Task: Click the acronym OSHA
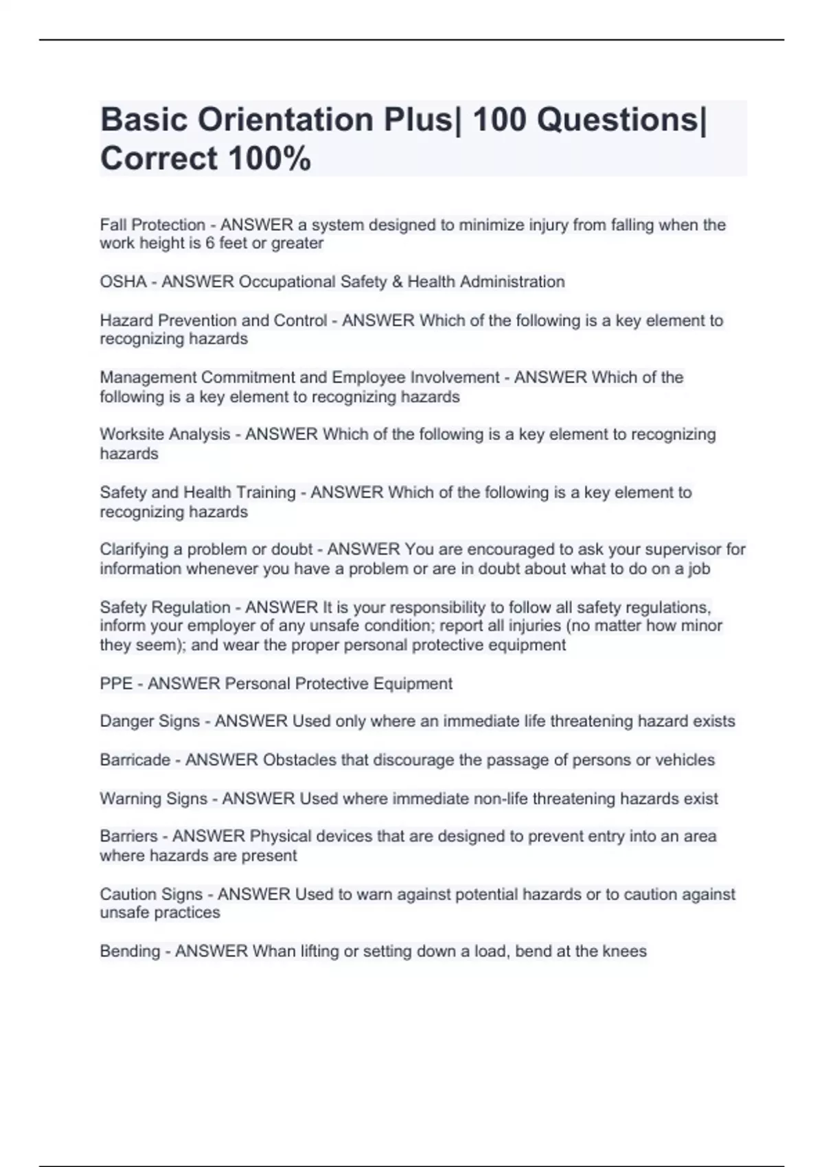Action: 124,282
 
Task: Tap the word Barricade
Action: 135,760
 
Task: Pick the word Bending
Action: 130,951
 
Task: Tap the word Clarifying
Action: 134,549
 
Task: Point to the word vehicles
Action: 685,760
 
